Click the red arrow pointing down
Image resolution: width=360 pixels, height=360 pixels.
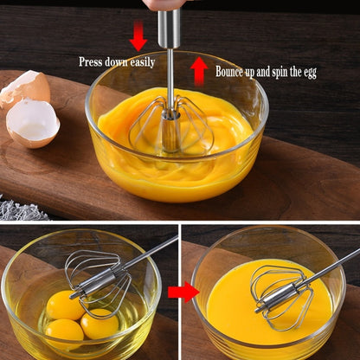click(x=138, y=37)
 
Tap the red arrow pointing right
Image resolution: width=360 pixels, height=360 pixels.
click(x=183, y=292)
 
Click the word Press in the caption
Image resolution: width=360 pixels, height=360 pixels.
click(x=92, y=62)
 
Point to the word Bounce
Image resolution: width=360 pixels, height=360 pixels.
click(x=232, y=72)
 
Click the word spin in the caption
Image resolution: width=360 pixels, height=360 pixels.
click(x=276, y=72)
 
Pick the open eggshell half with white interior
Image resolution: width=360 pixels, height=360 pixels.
click(x=33, y=121)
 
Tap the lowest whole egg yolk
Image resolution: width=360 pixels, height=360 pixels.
click(x=64, y=332)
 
